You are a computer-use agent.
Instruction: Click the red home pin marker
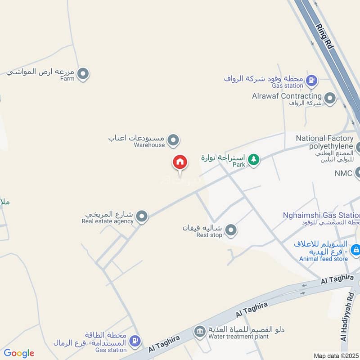pyautogui.click(x=180, y=162)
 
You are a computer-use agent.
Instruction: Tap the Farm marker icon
pyautogui.click(x=83, y=73)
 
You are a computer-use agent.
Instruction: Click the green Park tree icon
pyautogui.click(x=254, y=159)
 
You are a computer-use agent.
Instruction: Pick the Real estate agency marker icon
pyautogui.click(x=142, y=217)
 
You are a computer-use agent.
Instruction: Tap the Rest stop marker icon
pyautogui.click(x=231, y=231)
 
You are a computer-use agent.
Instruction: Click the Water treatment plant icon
pyautogui.click(x=199, y=333)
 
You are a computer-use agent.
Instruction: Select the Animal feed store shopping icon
pyautogui.click(x=355, y=249)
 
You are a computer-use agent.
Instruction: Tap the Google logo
pyautogui.click(x=19, y=353)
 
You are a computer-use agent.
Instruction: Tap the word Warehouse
pyautogui.click(x=149, y=145)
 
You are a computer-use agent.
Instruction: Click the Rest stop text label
pyautogui.click(x=209, y=235)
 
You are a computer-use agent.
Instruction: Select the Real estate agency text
pyautogui.click(x=108, y=221)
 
